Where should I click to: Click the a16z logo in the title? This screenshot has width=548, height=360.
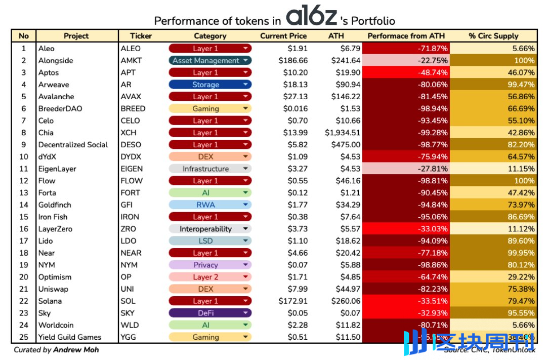[311, 17]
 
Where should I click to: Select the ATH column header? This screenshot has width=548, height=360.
[336, 36]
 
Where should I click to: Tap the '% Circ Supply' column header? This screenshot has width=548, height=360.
[493, 36]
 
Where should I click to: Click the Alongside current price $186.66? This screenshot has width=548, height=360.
[293, 61]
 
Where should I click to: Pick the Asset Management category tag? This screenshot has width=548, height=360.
[210, 61]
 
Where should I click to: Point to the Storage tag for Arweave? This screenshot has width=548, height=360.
[210, 85]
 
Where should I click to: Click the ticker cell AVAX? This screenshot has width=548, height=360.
[131, 97]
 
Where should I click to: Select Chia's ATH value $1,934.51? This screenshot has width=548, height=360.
[343, 133]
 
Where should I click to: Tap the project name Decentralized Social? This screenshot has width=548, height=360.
[73, 145]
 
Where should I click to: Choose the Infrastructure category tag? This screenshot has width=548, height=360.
[210, 169]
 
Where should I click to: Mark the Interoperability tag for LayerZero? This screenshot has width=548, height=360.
[210, 229]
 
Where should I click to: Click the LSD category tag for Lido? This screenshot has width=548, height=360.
[210, 241]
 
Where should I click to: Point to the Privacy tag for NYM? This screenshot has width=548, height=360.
[210, 265]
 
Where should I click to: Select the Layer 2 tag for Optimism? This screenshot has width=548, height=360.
[210, 277]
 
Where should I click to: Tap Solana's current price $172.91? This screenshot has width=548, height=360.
[293, 301]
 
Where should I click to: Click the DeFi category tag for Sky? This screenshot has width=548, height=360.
[210, 313]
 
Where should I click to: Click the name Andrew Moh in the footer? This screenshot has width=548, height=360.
[76, 350]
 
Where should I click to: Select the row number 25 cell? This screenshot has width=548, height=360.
[23, 337]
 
